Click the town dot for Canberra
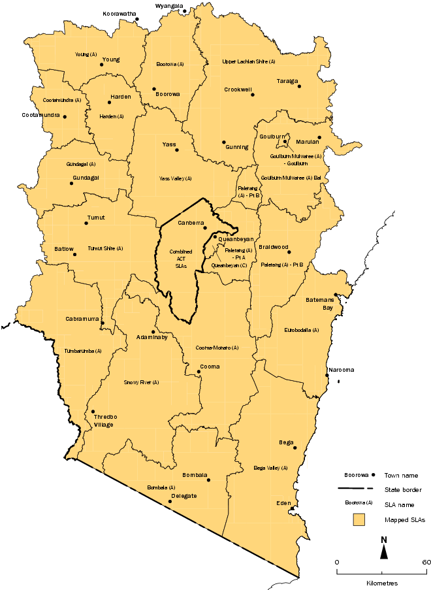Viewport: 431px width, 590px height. [x=204, y=228]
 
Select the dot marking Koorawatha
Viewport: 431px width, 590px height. [x=136, y=19]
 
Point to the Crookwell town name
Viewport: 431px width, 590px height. [x=238, y=90]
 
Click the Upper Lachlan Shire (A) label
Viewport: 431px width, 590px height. [x=249, y=61]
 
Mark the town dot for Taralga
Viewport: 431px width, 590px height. [x=299, y=86]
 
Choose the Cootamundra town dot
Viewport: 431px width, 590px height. [x=64, y=117]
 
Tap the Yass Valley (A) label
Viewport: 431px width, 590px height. [x=176, y=178]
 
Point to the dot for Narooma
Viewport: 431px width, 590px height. [x=327, y=375]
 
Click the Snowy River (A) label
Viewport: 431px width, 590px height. [x=141, y=382]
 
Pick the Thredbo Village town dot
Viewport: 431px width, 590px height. [x=93, y=411]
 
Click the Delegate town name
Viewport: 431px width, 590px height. [x=184, y=496]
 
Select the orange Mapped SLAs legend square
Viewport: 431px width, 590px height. [x=357, y=520]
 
